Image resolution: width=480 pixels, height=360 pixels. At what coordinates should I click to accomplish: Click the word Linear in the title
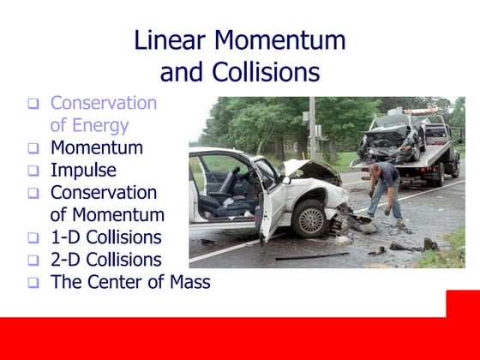(x=171, y=40)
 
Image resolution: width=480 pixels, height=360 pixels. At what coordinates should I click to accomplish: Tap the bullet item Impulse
(x=83, y=170)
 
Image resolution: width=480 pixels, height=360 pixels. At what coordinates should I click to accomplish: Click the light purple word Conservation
(x=104, y=104)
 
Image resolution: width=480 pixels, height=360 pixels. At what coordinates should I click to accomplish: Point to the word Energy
(x=100, y=126)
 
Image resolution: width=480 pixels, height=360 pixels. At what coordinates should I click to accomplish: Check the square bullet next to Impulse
(x=33, y=171)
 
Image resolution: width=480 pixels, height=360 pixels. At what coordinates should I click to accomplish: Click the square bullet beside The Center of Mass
(x=33, y=282)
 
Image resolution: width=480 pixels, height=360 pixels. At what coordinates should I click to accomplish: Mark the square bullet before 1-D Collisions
(x=33, y=237)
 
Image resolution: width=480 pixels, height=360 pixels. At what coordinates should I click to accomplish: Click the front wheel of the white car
(x=309, y=219)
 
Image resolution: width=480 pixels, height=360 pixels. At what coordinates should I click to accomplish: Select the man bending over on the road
(x=383, y=193)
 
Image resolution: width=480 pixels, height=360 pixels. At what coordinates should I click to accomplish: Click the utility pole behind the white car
(x=314, y=129)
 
